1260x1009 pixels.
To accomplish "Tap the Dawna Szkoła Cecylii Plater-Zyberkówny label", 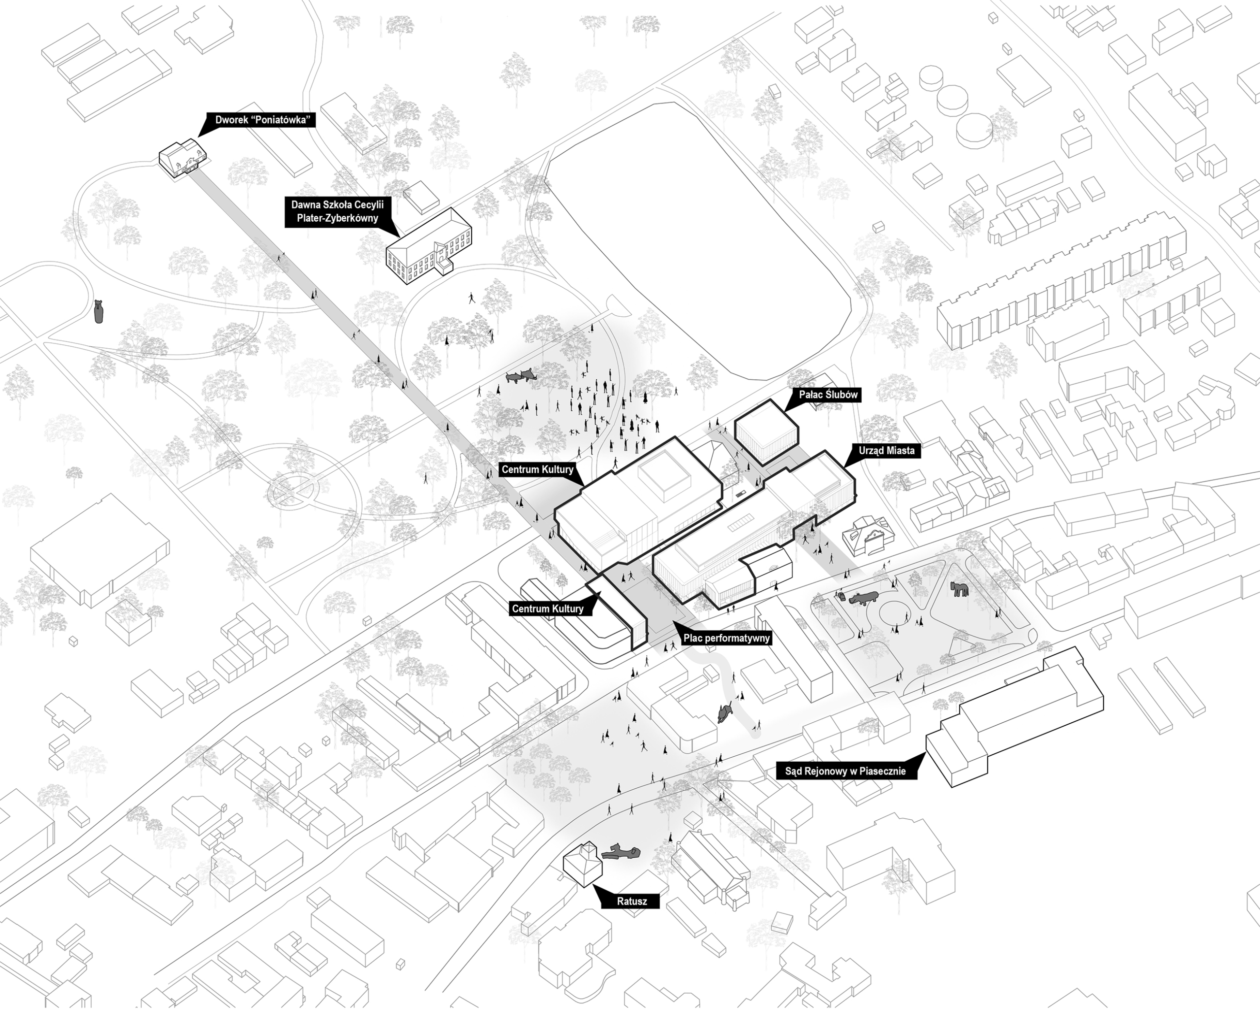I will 337,212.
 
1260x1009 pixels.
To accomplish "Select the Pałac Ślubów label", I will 828,395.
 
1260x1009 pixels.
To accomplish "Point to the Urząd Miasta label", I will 886,450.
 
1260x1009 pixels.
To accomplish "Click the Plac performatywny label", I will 726,638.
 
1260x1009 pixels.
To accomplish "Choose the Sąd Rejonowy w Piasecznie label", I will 845,771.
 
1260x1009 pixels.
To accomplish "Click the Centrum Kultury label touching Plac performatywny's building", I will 548,608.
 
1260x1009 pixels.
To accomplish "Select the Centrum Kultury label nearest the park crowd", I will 537,469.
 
